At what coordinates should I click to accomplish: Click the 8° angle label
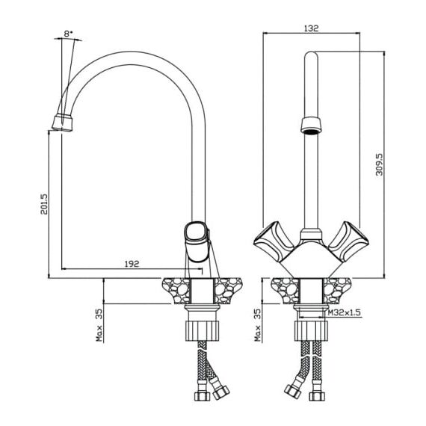pos(69,34)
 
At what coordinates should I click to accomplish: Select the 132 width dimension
pos(312,28)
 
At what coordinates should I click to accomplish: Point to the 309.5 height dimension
pos(379,164)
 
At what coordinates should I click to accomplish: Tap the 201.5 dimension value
pos(44,204)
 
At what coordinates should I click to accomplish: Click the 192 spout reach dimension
pos(132,264)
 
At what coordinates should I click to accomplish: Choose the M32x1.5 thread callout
pos(345,312)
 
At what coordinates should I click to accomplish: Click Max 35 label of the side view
pos(99,325)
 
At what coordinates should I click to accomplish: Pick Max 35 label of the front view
pos(257,325)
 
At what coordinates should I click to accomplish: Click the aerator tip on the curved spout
pos(63,123)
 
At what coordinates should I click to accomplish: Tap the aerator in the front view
pos(311,126)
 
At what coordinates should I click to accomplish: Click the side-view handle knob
pos(197,242)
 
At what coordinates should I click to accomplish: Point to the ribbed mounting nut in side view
pos(203,331)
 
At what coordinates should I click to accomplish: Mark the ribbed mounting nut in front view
pos(311,331)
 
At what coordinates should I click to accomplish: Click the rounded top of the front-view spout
pos(311,55)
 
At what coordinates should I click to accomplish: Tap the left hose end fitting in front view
pos(293,391)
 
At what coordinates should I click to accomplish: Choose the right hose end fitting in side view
pos(220,392)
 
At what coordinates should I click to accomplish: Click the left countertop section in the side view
pos(176,291)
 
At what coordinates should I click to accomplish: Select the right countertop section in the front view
pos(337,291)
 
